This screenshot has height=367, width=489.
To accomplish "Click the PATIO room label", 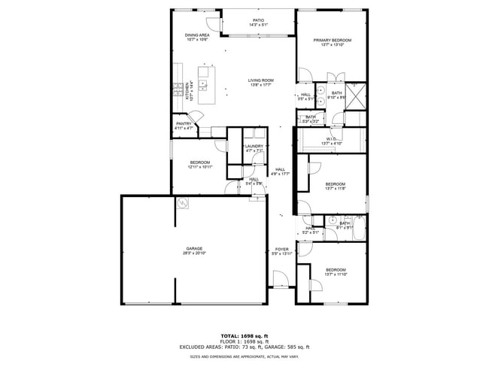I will [x=257, y=20].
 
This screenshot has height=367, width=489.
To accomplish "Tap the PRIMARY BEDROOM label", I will [x=332, y=40].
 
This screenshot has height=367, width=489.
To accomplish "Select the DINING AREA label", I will [x=196, y=35].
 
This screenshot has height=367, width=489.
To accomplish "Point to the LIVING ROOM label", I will [x=261, y=80].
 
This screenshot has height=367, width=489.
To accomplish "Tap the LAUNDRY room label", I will [x=254, y=146].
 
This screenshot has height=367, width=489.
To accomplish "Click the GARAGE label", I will [x=195, y=248].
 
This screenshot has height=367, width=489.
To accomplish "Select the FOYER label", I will [x=281, y=249].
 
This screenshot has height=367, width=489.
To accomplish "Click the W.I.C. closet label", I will [x=331, y=139].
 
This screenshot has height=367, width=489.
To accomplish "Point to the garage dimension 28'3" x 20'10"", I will [x=195, y=253].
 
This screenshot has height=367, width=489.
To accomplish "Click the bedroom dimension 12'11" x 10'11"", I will [x=200, y=167].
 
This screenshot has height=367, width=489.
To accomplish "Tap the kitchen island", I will [x=206, y=86].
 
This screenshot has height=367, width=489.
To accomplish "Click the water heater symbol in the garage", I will [x=182, y=203].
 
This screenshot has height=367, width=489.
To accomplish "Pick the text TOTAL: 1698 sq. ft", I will [x=244, y=335].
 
